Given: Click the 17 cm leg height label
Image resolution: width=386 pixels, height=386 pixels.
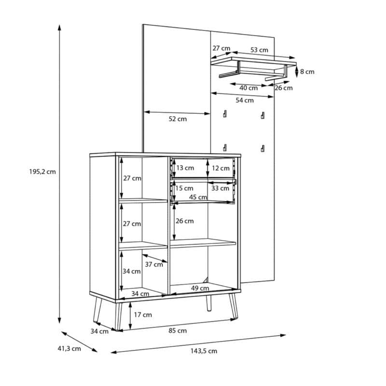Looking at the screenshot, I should point(142,315).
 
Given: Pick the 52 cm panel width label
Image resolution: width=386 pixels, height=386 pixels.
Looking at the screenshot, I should point(178,119).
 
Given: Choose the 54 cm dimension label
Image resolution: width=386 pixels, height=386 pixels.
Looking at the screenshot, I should point(245,100).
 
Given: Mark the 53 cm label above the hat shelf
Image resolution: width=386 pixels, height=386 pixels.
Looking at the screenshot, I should point(260,50).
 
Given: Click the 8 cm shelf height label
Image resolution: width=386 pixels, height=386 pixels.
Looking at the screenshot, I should point(307,72).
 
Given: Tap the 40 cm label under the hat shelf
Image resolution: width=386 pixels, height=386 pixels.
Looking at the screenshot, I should point(248,88).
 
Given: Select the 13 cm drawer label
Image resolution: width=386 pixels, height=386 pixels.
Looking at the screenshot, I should point(185,168).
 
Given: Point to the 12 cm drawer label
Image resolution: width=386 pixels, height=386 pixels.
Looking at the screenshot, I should point(221,168).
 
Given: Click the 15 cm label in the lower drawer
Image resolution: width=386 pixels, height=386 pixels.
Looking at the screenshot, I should point(184,188).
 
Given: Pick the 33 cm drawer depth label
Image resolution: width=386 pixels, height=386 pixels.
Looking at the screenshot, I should point(221,188).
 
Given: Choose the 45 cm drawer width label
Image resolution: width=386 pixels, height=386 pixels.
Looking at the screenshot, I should point(198,197).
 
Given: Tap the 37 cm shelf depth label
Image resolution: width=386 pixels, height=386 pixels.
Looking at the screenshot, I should point(154,264).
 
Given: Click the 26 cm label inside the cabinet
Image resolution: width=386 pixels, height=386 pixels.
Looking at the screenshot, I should point(184,221).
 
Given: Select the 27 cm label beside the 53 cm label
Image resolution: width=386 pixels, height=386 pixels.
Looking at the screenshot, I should point(221,48).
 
